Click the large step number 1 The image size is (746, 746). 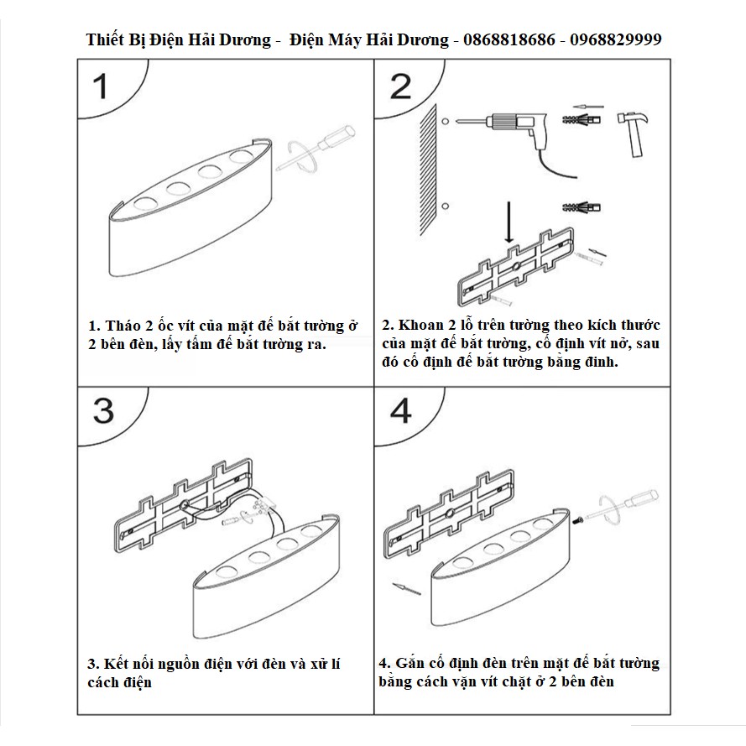coord(102,86)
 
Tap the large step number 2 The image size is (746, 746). coord(400,86)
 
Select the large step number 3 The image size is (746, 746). coord(103,410)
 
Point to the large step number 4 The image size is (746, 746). coord(400,410)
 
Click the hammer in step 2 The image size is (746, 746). coord(634,133)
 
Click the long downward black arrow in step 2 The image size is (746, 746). coord(509,222)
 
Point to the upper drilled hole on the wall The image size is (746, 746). coord(445,122)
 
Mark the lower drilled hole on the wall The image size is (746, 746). coord(445,206)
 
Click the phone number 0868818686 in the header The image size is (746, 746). coord(509,39)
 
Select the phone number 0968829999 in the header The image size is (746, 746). coord(616,39)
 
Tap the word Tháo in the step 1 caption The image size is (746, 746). coord(123,326)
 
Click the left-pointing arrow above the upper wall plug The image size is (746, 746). coord(587,107)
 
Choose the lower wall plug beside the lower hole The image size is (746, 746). coord(582,207)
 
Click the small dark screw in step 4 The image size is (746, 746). coord(577,520)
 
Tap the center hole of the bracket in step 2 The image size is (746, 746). coord(515,267)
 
